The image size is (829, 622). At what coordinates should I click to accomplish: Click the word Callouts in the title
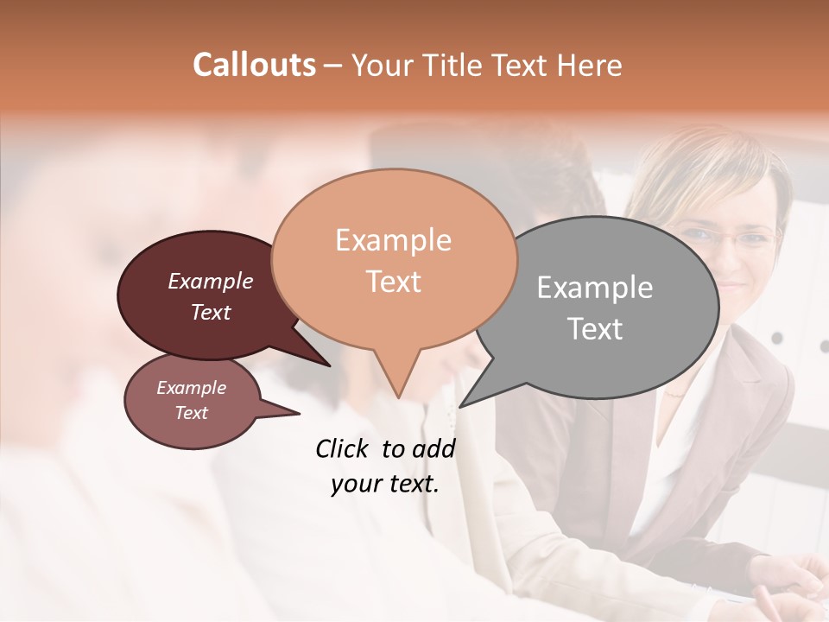tap(254, 65)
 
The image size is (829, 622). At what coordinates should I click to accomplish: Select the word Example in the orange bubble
tap(393, 240)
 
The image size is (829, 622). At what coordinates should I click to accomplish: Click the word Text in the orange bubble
tap(393, 282)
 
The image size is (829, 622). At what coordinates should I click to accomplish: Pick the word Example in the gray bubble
tap(594, 288)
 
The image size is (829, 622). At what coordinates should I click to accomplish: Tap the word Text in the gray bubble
tap(595, 329)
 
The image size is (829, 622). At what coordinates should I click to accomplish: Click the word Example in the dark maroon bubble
tap(210, 281)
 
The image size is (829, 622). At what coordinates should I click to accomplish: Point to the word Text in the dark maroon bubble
tap(210, 312)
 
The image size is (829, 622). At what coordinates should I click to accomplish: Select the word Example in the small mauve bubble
tap(191, 388)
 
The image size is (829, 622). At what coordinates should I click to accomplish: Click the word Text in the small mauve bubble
tap(191, 413)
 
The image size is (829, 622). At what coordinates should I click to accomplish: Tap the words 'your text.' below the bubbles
tap(384, 484)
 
